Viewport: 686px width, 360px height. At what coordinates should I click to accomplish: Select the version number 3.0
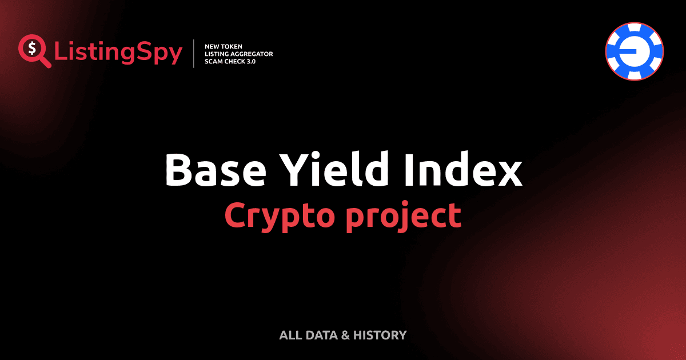pos(252,62)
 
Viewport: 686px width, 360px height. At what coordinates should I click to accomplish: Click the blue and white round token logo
pos(635,51)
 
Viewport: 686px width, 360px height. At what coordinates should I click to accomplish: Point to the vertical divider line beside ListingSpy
pos(195,54)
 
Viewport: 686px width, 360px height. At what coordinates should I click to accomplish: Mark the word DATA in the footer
pos(321,335)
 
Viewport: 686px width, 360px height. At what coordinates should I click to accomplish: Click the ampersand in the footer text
pos(345,335)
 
